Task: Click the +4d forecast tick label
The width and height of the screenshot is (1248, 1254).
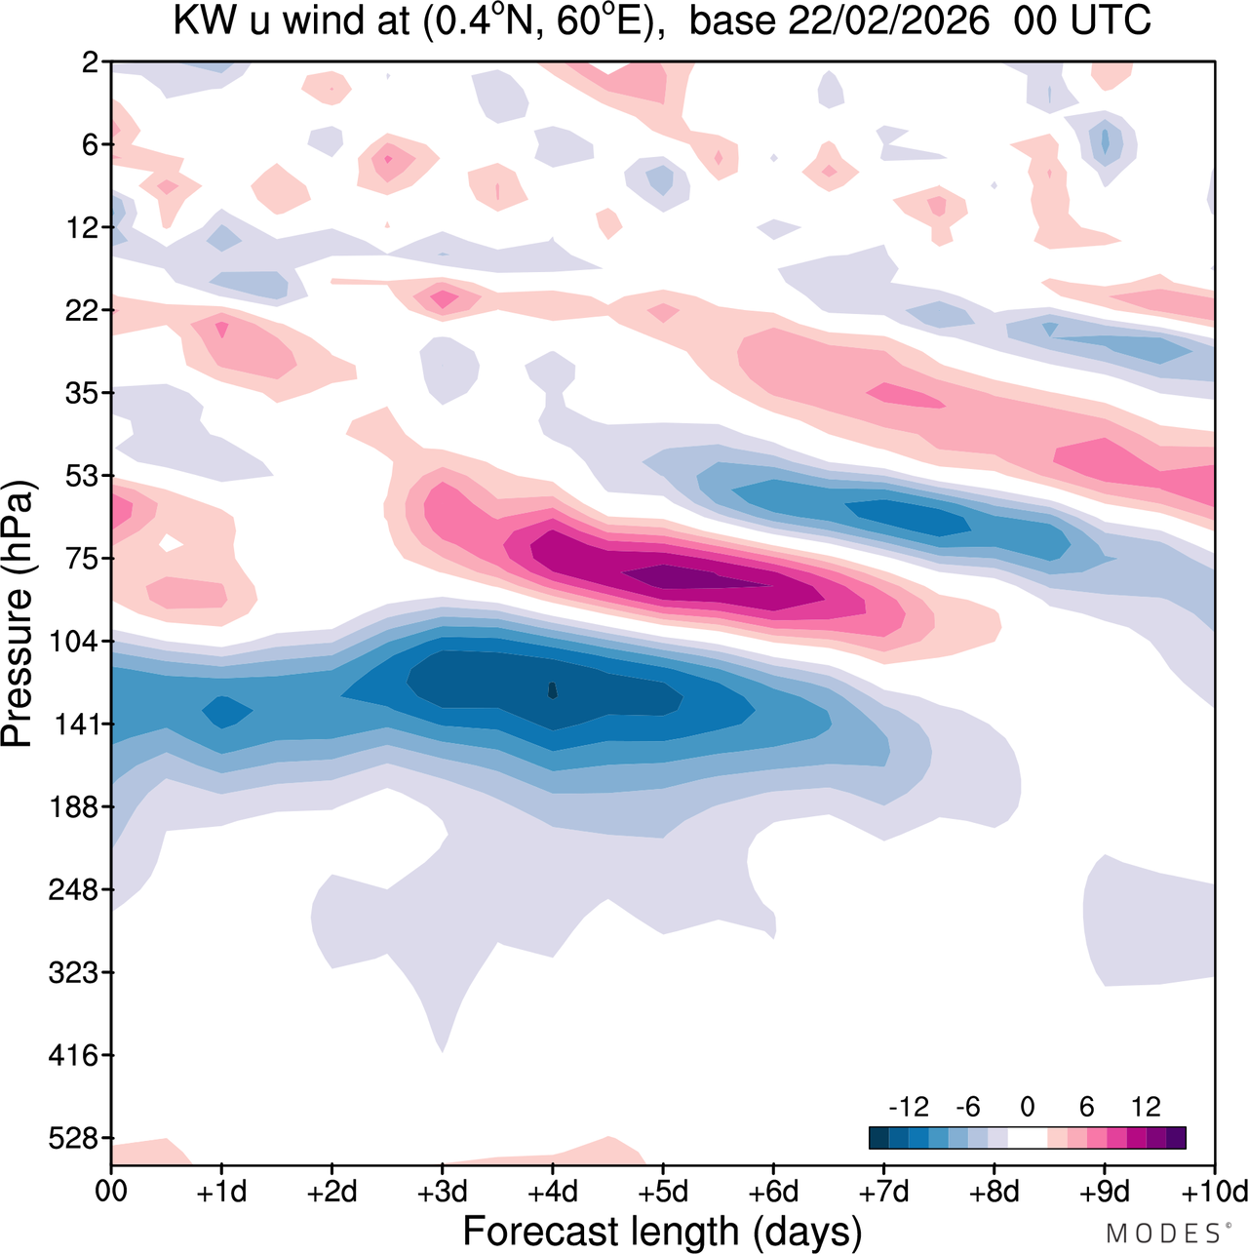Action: point(552,1192)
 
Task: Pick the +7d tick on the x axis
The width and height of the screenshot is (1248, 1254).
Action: point(883,1192)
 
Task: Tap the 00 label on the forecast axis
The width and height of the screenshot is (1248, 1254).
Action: point(111,1192)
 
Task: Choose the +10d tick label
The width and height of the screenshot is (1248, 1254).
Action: point(1215,1192)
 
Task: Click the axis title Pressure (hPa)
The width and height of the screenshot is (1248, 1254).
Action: point(18,614)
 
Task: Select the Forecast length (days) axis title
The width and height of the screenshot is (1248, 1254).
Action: point(662,1232)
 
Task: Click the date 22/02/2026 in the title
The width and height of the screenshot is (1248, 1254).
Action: point(889,20)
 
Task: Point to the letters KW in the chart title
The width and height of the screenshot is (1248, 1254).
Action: point(205,20)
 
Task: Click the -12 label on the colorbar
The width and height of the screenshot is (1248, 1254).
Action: point(908,1107)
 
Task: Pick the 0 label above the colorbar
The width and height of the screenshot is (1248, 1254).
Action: point(1028,1107)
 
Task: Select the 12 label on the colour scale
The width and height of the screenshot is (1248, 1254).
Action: point(1147,1107)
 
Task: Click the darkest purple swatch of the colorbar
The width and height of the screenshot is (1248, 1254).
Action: point(1176,1137)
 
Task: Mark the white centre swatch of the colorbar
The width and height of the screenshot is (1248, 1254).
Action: point(1028,1137)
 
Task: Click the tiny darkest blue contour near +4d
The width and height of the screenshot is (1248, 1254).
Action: point(553,690)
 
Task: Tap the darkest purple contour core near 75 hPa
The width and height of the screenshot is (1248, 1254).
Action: point(682,577)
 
